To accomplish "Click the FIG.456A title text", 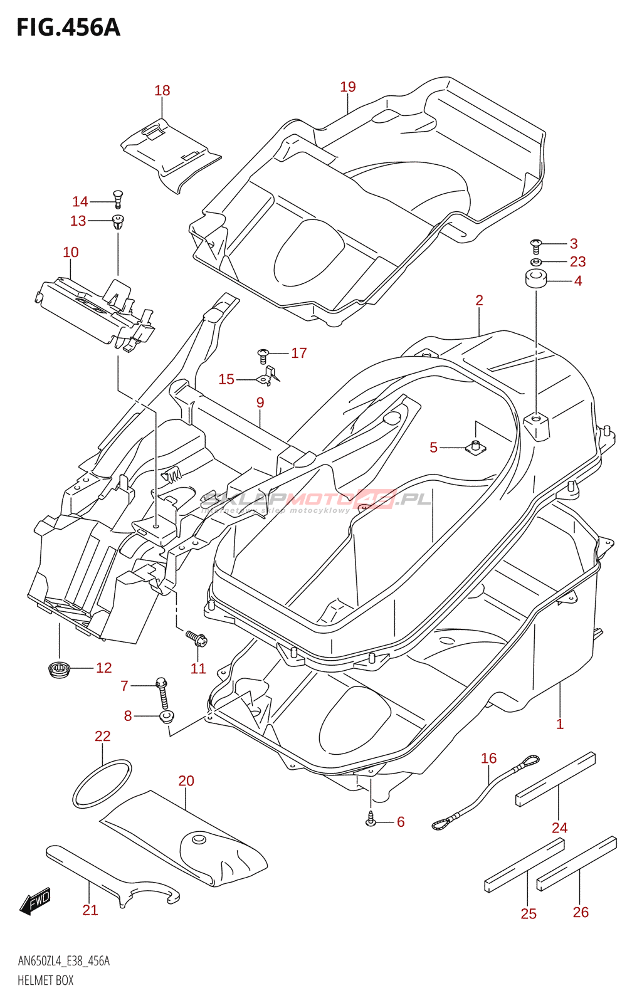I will point(68,28).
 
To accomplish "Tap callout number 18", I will point(162,91).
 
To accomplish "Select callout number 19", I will point(348,87).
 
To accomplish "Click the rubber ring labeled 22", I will point(102,784).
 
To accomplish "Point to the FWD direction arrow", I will point(35,901).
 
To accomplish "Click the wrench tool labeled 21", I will point(113,878).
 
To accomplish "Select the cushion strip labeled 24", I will point(555,779).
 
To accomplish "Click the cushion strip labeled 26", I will point(576,863).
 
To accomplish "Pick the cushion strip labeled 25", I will point(524,865).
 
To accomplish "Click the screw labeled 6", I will point(371,818).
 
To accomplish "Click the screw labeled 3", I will point(535,244).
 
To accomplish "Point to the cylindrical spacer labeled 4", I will point(536,278).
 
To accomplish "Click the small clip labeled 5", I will point(476,447).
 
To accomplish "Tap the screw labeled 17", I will point(263,355).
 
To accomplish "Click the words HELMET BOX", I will point(45,980).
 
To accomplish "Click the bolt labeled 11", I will point(197,639).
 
